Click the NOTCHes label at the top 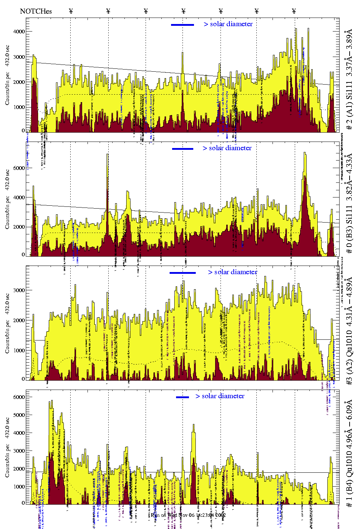(x=36, y=11)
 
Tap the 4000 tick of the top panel (x=19, y=32)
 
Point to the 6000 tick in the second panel (x=19, y=168)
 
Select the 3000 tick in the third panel (x=19, y=290)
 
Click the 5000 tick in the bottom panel (x=19, y=415)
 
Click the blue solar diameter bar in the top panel (x=183, y=25)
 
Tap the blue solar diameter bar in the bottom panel (x=183, y=397)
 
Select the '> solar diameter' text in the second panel (x=227, y=148)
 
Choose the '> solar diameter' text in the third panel (x=232, y=272)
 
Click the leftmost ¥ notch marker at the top (x=71, y=11)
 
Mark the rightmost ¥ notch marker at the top (x=294, y=11)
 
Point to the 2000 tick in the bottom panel (x=19, y=469)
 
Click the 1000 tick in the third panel (x=19, y=351)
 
